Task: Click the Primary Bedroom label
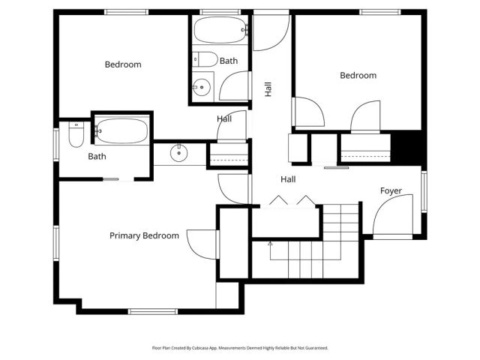[x=144, y=235]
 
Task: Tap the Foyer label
[x=391, y=191]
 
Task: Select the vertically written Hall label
[x=268, y=88]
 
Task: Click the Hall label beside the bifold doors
[x=288, y=179]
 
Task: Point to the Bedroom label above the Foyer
[x=358, y=75]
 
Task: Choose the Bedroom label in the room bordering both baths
[x=122, y=64]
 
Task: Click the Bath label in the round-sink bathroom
[x=229, y=60]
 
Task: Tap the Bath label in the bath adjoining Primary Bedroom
[x=97, y=157]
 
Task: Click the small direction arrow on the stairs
[x=270, y=244]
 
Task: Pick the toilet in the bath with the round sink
[x=204, y=59]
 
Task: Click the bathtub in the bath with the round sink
[x=219, y=31]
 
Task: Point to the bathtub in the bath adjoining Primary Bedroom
[x=121, y=130]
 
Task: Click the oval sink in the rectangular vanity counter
[x=179, y=154]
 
